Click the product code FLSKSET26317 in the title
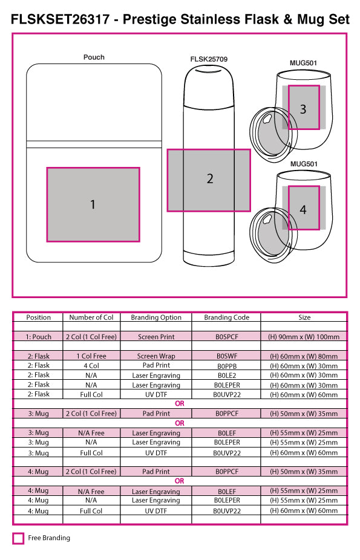[60, 19]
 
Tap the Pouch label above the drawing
[94, 57]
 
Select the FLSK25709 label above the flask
[209, 59]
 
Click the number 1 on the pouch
[93, 204]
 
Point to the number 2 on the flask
[210, 178]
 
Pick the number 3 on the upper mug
[303, 109]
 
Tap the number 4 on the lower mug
[303, 209]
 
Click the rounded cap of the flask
[209, 86]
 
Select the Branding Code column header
[226, 317]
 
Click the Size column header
[304, 317]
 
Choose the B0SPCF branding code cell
[227, 337]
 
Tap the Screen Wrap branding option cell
[156, 356]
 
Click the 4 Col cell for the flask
[91, 366]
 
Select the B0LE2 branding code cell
[227, 376]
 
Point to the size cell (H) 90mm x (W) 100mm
[304, 337]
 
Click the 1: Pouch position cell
[38, 337]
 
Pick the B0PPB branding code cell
[227, 366]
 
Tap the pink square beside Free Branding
[18, 538]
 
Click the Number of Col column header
[91, 317]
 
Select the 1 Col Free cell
[91, 356]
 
